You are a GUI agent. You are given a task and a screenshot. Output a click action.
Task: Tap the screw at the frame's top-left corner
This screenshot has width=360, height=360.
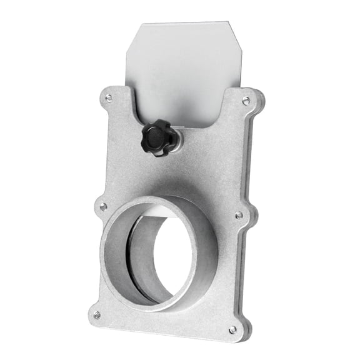click(109, 98)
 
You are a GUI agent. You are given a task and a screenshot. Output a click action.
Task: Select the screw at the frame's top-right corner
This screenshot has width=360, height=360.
click(246, 101)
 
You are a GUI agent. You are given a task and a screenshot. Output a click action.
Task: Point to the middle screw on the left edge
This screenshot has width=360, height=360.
click(103, 206)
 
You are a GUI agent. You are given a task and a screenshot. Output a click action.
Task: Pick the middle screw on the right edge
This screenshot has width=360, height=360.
click(239, 215)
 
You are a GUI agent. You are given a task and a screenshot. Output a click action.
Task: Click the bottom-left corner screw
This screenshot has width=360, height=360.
click(97, 315)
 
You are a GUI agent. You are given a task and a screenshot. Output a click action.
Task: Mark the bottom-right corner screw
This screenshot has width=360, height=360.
click(232, 329)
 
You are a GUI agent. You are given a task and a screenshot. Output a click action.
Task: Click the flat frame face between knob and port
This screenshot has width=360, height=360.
click(187, 169)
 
